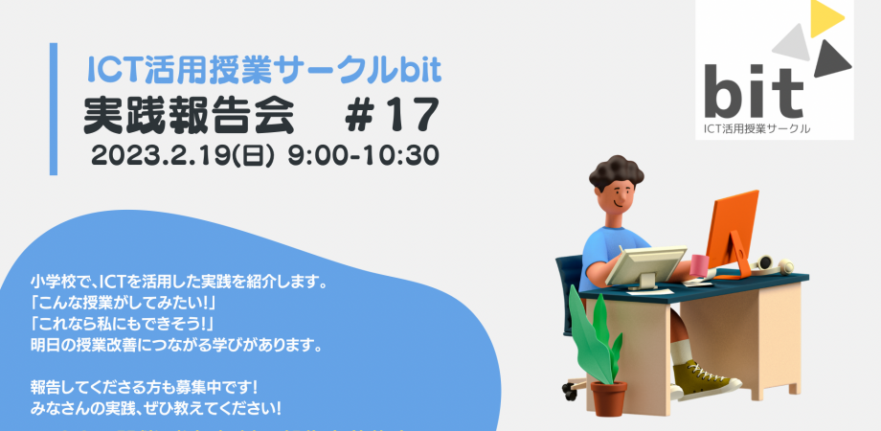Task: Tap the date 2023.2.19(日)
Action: click(x=180, y=155)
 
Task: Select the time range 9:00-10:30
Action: click(x=355, y=155)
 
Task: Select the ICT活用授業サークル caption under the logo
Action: click(x=757, y=128)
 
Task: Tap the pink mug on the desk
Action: click(x=700, y=265)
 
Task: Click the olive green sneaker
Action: click(x=709, y=378)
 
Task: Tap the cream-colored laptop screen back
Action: click(x=651, y=267)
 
